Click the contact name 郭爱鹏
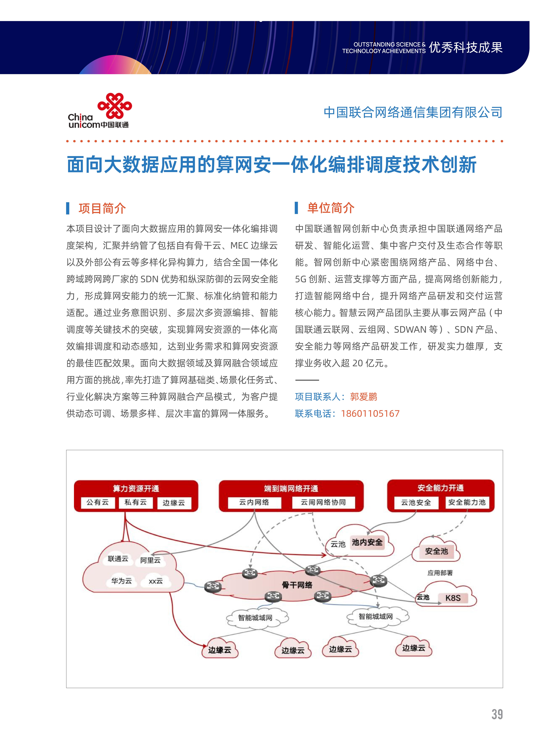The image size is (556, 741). [364, 397]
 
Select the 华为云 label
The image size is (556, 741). [121, 581]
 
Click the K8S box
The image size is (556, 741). [453, 598]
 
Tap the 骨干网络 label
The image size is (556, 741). [297, 585]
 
